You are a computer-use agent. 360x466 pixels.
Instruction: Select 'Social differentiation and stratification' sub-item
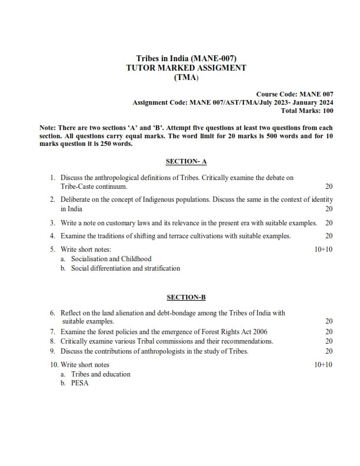pos(125,268)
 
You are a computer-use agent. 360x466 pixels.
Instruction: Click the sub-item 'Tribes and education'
pos(101,374)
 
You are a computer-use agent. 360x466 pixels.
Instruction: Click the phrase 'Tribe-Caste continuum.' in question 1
pos(94,187)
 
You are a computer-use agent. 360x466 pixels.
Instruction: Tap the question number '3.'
pos(52,223)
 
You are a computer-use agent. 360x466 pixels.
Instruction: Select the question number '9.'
pos(52,351)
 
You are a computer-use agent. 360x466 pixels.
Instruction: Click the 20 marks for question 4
pos(329,237)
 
